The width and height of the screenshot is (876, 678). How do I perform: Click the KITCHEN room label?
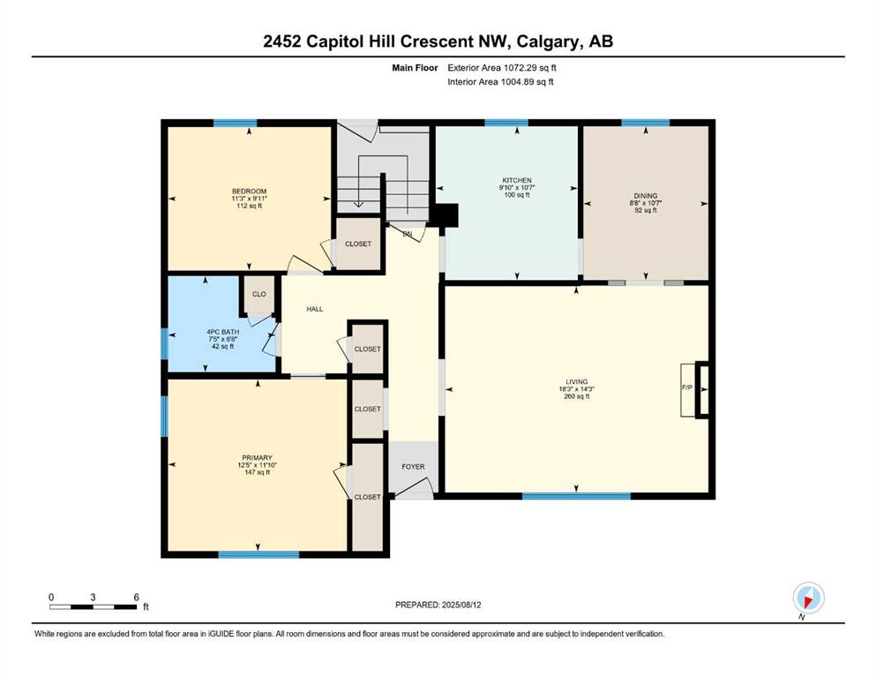pos(517,180)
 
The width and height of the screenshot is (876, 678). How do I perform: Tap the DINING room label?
pos(646,196)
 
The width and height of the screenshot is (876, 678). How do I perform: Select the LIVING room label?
pos(577,381)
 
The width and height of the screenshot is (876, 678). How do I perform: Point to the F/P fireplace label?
pos(686,388)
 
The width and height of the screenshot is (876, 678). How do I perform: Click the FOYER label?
pos(414,467)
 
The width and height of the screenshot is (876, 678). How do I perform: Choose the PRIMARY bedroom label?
pos(257,458)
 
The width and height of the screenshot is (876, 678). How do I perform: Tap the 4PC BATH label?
pos(223,332)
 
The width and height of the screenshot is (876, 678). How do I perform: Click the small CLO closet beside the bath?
pos(259,294)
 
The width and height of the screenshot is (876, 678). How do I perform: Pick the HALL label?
pos(315,308)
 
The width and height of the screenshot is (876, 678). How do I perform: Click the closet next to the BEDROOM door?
pos(358,245)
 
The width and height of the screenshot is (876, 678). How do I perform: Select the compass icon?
pos(808,598)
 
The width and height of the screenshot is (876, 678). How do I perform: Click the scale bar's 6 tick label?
pos(137,597)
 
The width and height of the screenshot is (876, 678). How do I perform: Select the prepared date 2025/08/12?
pos(461,605)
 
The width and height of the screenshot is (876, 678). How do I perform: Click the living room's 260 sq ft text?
pos(577,396)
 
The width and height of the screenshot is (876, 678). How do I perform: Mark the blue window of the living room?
pos(577,496)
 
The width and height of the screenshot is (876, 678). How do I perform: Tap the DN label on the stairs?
pos(408,234)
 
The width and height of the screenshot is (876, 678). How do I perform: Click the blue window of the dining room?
pos(646,123)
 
